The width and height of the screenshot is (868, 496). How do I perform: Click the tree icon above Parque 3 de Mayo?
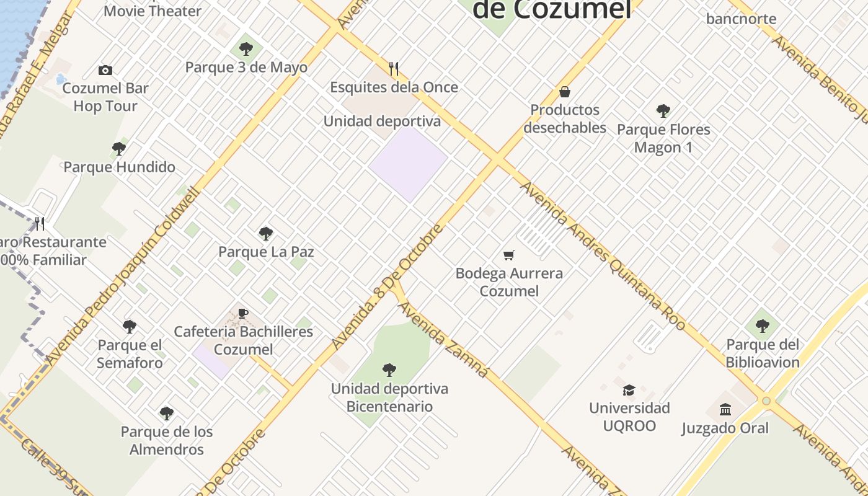tap(246, 49)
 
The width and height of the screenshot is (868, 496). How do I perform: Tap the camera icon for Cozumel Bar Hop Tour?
tap(105, 71)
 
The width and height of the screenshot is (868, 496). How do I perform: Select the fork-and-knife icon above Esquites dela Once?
tap(394, 68)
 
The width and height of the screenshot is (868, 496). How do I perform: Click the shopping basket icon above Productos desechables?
tap(565, 92)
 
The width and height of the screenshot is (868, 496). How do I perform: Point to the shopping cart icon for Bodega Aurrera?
tap(509, 255)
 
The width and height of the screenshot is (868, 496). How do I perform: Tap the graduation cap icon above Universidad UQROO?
tap(629, 390)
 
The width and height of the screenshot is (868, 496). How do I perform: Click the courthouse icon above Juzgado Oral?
tap(725, 410)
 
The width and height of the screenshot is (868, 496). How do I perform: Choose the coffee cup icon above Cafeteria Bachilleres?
tap(243, 314)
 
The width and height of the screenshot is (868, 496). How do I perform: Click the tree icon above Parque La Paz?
tap(266, 234)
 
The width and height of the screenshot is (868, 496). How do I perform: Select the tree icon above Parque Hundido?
tap(119, 149)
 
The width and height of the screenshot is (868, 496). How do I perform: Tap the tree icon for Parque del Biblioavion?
tap(763, 326)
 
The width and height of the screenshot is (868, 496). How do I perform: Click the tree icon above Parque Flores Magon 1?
tap(663, 112)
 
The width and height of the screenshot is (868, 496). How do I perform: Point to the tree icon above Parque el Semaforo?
tap(130, 327)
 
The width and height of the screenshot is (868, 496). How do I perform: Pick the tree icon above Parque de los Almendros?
tap(166, 414)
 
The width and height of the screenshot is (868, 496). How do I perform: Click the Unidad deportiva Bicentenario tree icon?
tap(389, 371)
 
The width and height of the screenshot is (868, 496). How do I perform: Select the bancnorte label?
tap(741, 19)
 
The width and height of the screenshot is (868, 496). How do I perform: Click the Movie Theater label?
tap(153, 11)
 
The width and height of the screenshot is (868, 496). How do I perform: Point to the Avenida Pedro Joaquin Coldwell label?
tap(123, 277)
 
